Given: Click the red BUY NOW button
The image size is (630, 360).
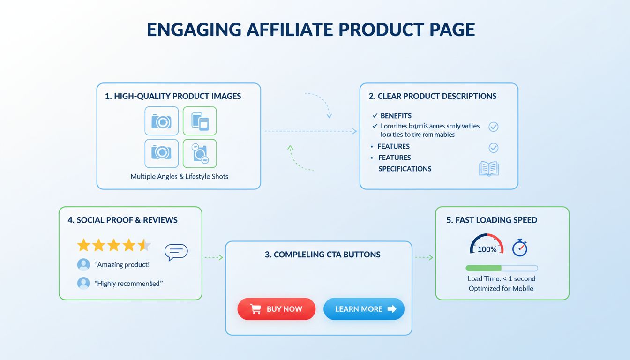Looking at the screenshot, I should pos(276,309).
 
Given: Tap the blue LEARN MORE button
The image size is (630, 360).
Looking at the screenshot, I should pos(364,309).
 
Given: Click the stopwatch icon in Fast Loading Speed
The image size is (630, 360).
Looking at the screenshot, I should pos(519,248).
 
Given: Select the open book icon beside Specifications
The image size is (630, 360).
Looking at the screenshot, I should pos(489,169).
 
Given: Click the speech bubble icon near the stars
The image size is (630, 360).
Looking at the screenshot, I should pos(176,252).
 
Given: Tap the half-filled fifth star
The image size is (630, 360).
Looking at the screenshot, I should pos(144,245).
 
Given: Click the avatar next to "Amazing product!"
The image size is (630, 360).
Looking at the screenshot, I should pos(83,264).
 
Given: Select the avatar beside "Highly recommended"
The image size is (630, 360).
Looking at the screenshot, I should pos(83,283).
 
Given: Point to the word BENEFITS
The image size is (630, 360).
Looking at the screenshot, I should pos(396,115).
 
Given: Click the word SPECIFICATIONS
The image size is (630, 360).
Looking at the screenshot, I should pos(405,169).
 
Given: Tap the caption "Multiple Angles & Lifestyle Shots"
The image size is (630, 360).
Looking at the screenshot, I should pos(179,177).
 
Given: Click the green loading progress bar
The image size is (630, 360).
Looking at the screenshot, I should pos(483,268).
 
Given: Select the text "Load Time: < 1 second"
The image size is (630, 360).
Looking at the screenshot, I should pos(502,278).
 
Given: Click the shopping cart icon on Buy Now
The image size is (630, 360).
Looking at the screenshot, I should pos(255,309).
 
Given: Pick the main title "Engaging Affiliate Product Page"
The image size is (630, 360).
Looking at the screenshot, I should pos(311,29).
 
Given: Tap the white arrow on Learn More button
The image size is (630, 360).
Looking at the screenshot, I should pos(391,309).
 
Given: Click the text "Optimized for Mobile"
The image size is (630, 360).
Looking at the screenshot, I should pos(501,288).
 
